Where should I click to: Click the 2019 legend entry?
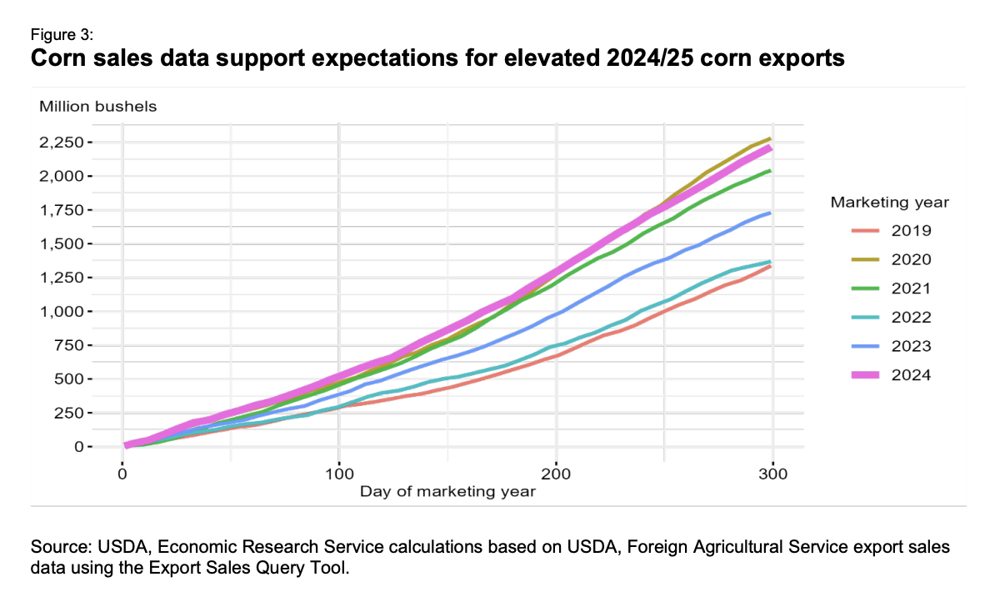tap(887, 231)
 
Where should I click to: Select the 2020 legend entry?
tap(887, 259)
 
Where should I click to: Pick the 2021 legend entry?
tap(887, 288)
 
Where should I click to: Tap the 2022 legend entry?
tap(887, 317)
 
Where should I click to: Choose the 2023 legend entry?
tap(887, 346)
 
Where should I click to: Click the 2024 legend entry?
tap(887, 374)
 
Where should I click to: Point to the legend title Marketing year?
tap(890, 202)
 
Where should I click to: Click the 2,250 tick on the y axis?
tap(86, 143)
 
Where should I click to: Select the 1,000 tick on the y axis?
tap(86, 311)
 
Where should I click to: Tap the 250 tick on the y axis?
tap(93, 413)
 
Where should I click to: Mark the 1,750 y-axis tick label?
tap(86, 210)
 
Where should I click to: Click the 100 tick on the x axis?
tap(338, 474)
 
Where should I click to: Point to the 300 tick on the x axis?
tap(772, 474)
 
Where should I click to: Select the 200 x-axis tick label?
tap(556, 474)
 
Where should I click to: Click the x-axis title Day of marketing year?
tap(447, 491)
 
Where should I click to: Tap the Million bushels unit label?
tap(97, 106)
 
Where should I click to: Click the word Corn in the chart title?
tap(58, 58)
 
